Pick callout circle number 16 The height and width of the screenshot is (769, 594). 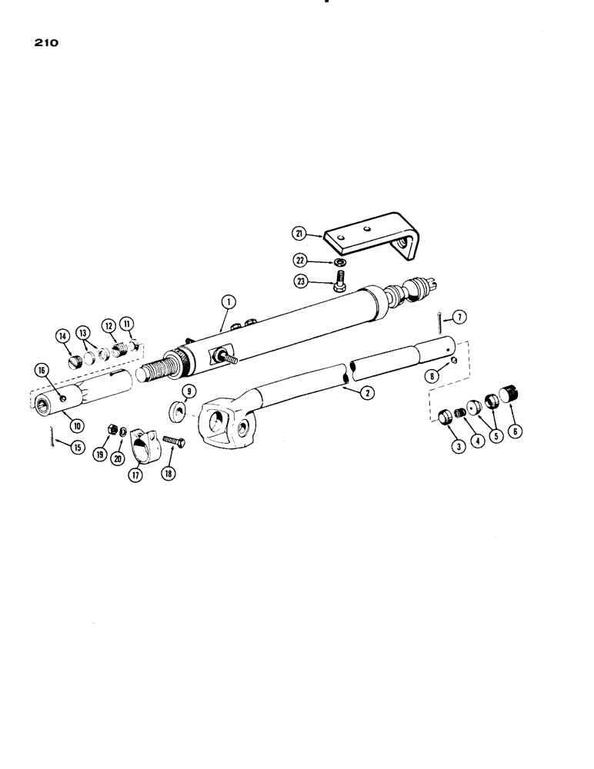click(x=42, y=370)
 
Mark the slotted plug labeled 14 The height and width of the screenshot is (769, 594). click(x=75, y=360)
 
